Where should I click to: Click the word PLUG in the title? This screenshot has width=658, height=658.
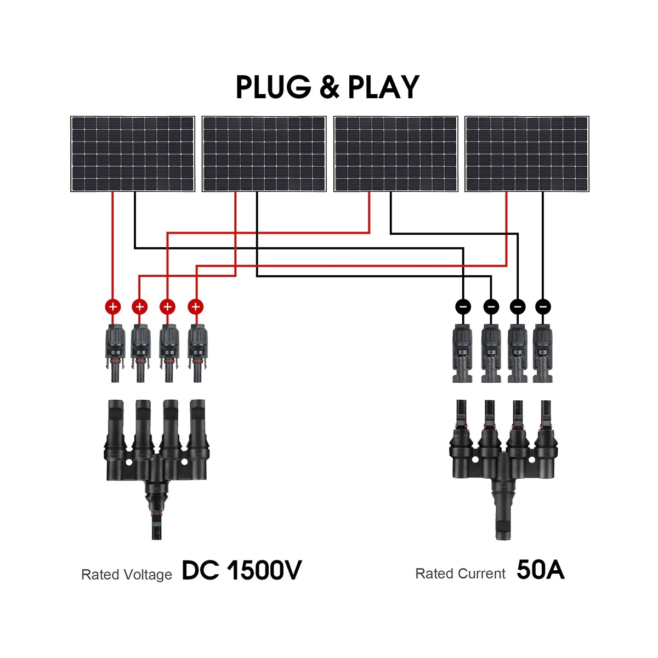[x=273, y=88]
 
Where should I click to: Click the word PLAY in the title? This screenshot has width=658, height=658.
[x=384, y=88]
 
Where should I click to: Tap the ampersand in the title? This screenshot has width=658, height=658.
[x=330, y=88]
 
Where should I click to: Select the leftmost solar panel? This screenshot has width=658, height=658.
[x=133, y=154]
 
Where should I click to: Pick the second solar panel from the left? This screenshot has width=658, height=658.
[x=264, y=154]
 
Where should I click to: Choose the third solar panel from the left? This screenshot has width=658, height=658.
[x=396, y=154]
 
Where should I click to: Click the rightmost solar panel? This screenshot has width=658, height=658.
[x=527, y=154]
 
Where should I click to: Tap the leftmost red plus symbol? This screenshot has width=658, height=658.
[x=113, y=307]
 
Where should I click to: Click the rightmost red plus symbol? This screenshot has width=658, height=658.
[x=195, y=307]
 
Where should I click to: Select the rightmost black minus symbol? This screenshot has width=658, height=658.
[x=543, y=307]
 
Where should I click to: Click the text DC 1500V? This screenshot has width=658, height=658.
[x=241, y=571]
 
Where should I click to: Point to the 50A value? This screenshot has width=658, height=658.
[x=540, y=570]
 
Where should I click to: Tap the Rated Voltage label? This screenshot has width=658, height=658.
[x=127, y=575]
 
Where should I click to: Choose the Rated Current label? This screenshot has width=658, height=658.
[x=460, y=574]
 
